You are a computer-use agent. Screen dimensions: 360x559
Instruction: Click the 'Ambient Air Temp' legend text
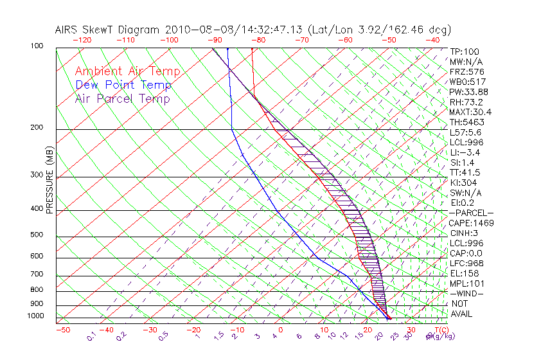click(x=127, y=71)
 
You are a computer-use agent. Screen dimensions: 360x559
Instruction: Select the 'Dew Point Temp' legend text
click(x=123, y=85)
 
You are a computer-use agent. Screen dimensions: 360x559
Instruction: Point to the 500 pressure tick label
click(x=37, y=235)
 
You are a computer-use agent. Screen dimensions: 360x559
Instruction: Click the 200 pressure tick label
click(x=37, y=127)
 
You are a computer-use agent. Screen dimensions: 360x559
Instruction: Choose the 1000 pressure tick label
click(x=35, y=316)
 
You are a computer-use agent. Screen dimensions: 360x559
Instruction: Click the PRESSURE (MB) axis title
click(x=50, y=186)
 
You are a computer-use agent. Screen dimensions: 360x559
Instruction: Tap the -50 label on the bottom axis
click(x=62, y=330)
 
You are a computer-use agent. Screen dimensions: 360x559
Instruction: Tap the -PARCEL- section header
click(x=471, y=213)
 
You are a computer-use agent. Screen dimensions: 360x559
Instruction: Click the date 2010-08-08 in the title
click(x=191, y=30)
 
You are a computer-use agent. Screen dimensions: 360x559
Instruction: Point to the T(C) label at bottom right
click(x=435, y=330)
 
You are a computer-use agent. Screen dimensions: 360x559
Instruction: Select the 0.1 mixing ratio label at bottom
click(x=91, y=336)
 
